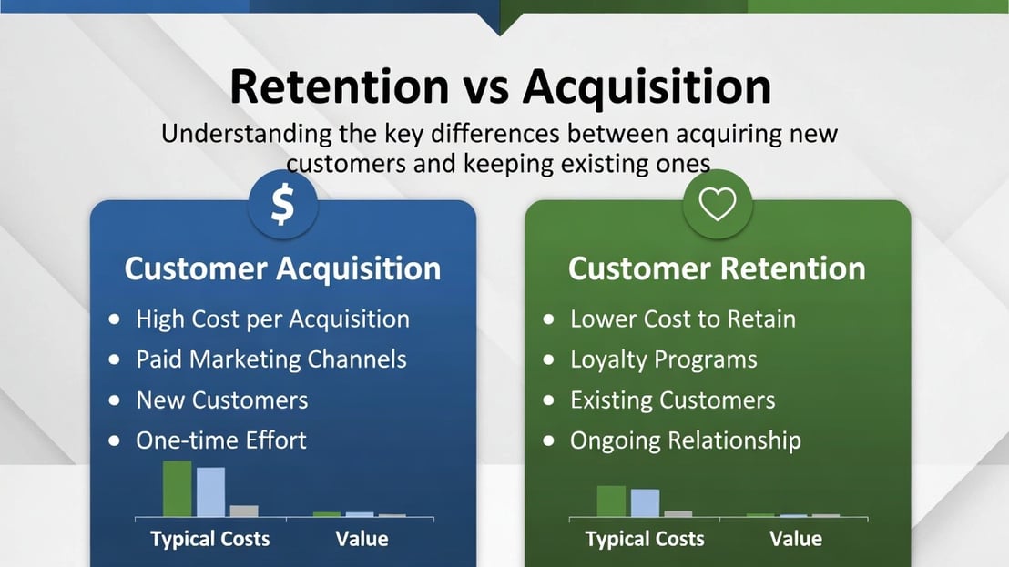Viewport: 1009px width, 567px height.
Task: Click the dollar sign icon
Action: coord(282,205)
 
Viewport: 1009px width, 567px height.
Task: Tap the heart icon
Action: coord(717,205)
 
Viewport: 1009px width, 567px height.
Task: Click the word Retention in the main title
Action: coord(339,86)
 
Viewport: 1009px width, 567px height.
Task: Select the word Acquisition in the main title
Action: coord(647,87)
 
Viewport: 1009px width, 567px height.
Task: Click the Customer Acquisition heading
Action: coord(282,268)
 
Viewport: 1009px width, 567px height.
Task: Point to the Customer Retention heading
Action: coord(717,268)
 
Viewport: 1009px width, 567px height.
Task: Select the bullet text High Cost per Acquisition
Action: coord(273,319)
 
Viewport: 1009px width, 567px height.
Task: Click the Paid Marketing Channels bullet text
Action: coord(270,359)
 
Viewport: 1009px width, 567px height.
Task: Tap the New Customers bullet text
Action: coord(222,400)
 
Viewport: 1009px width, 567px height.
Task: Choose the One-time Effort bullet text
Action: coord(221,440)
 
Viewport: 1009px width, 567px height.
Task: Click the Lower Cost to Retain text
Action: coord(683,319)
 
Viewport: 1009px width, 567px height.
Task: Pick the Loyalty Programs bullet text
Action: coord(664,360)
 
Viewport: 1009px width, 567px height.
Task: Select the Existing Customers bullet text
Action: coord(672,400)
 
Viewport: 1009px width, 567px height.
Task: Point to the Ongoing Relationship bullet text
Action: coord(686,441)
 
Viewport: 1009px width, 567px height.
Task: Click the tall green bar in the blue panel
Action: coord(177,489)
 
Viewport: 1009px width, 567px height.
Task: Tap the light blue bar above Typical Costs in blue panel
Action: coord(210,491)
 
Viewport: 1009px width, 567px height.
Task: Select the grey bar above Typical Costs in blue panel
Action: coord(244,511)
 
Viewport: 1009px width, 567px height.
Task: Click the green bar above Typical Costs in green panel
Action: coord(611,501)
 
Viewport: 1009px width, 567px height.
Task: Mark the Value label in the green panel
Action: coord(796,539)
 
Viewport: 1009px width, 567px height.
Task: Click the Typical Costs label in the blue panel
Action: coord(209,540)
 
